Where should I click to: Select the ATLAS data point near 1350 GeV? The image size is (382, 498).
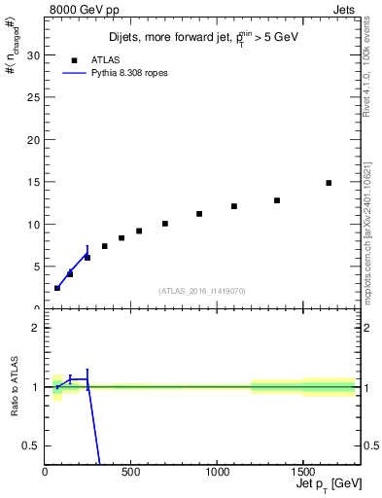277,200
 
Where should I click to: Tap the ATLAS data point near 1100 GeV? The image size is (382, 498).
234,206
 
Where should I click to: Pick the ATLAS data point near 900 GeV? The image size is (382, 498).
199,214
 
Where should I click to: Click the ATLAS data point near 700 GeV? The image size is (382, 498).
165,224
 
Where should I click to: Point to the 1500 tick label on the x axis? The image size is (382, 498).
302,472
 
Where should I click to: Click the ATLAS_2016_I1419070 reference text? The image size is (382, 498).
202,291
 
